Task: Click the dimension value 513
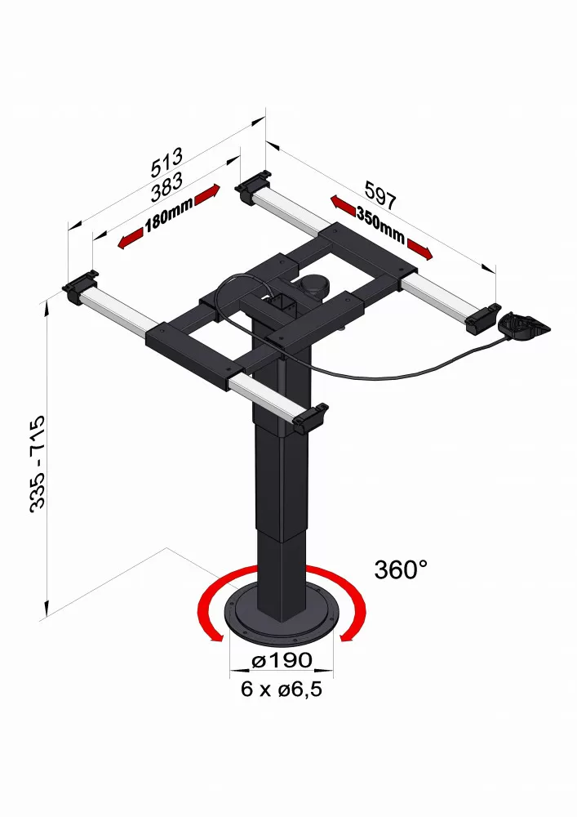point(166,162)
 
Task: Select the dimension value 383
point(166,187)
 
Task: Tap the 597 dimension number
point(380,195)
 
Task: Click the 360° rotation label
point(401,569)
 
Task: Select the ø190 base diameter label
point(282,660)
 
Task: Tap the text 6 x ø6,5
point(282,689)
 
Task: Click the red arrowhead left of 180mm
point(130,239)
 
